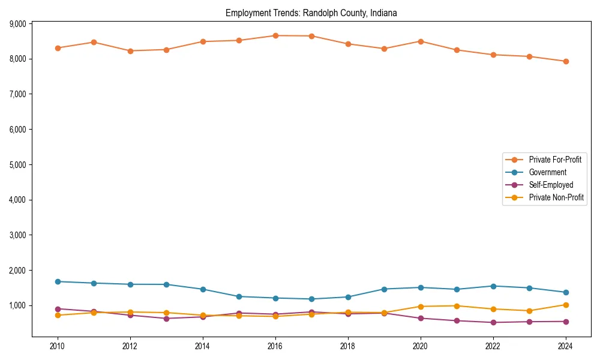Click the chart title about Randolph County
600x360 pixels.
(x=311, y=13)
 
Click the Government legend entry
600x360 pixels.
(x=547, y=172)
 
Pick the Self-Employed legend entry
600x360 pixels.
(x=551, y=185)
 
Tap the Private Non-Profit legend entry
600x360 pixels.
(x=556, y=197)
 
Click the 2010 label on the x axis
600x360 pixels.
(x=58, y=346)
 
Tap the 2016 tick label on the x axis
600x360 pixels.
(x=275, y=346)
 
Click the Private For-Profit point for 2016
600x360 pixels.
(x=275, y=35)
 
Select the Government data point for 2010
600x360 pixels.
(x=58, y=281)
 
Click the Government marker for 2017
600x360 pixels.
(x=311, y=299)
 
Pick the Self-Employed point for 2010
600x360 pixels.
(x=58, y=309)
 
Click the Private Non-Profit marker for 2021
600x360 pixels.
(x=457, y=306)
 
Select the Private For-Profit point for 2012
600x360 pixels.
(x=130, y=51)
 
